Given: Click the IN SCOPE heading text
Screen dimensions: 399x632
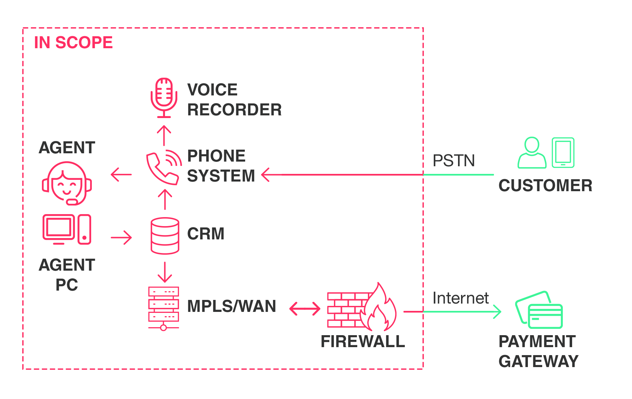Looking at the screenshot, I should coord(73,43).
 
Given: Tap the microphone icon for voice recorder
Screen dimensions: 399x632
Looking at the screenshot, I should coord(164,96).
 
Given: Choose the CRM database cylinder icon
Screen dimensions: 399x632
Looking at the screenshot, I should coord(165,235).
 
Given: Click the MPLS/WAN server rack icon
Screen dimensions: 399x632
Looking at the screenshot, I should coord(164,307).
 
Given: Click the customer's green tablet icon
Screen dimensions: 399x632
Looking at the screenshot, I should coord(563,153).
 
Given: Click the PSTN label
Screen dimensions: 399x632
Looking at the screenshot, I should coord(454,161).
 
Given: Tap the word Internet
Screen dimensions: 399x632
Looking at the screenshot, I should coord(461,298).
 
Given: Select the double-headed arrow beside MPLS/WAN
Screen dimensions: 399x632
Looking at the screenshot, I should coord(305,309).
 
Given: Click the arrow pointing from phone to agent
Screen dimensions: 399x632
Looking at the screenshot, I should coord(121,174).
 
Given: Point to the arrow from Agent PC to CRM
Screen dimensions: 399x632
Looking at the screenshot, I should coord(122,237).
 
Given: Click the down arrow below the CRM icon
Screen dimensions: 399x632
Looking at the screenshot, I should coord(165,272).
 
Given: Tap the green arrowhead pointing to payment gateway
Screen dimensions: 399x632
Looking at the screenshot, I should coord(497,312).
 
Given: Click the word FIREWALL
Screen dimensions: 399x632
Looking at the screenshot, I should coord(363,341).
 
